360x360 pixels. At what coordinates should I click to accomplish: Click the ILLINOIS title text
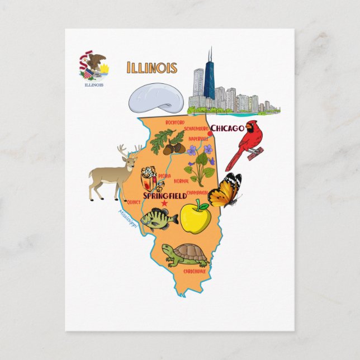[152, 68]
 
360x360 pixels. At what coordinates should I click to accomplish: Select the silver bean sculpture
[157, 98]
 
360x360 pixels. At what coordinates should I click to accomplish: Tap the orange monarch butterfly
[226, 190]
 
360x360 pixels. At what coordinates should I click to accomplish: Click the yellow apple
[195, 216]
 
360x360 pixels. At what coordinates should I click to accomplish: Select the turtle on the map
[186, 254]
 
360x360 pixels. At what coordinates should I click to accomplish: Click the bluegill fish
[158, 219]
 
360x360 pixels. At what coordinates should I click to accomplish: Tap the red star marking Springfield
[164, 203]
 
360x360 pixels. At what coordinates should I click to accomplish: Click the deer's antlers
[128, 150]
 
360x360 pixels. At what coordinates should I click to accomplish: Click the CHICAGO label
[227, 128]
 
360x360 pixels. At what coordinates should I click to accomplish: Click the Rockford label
[175, 122]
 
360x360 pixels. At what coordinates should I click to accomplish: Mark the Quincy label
[134, 202]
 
